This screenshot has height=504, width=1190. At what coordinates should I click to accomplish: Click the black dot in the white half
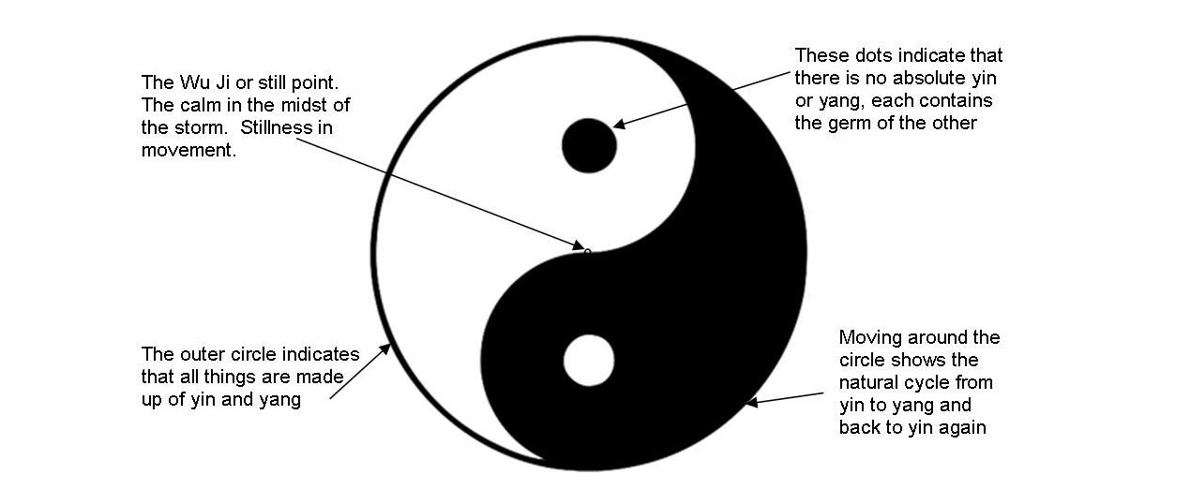588,145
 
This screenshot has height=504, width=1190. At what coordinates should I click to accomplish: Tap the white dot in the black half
589,361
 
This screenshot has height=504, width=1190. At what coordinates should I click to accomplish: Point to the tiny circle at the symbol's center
588,251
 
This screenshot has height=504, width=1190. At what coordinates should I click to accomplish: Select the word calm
199,104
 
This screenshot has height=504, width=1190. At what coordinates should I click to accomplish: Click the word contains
953,101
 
